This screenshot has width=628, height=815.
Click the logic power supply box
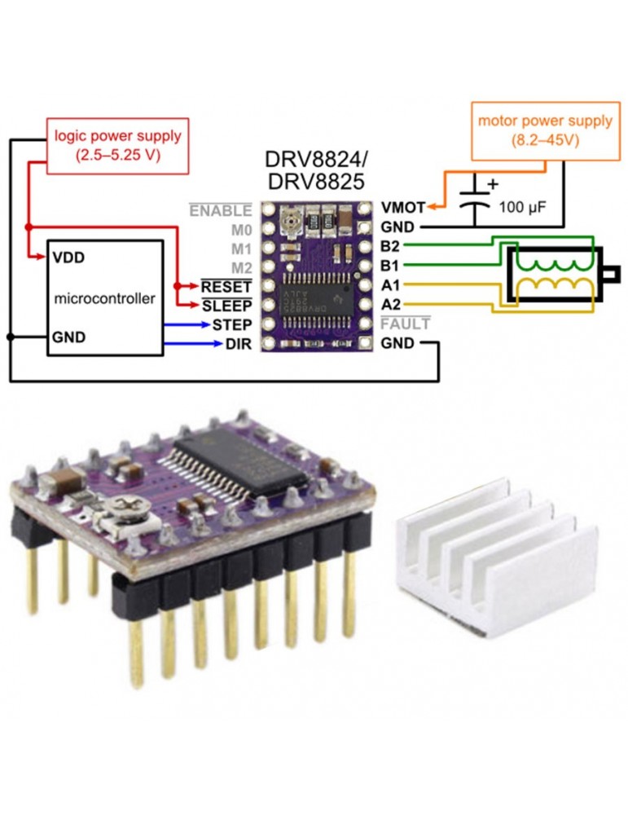coord(118,144)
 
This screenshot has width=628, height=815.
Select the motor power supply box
coord(545,130)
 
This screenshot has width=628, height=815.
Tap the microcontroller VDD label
coord(68,257)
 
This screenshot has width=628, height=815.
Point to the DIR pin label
coord(236,343)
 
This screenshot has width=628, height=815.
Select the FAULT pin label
coord(406,324)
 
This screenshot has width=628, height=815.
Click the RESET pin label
coord(226,286)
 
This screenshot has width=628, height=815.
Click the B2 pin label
coord(390,246)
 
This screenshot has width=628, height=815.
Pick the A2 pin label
coord(390,304)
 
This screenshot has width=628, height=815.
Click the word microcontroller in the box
coord(103,298)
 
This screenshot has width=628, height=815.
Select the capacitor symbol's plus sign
coord(492,185)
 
